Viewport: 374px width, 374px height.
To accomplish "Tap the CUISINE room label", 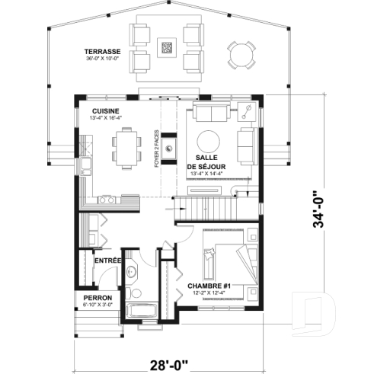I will coord(105,110).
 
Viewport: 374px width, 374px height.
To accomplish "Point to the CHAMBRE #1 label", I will coord(209,286).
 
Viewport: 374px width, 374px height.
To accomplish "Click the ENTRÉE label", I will coord(107,261).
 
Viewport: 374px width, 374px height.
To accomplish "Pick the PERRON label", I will coord(99,297).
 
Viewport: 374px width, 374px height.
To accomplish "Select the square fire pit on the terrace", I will coord(168,47).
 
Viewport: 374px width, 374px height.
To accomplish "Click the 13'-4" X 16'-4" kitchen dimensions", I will coord(105,118).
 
